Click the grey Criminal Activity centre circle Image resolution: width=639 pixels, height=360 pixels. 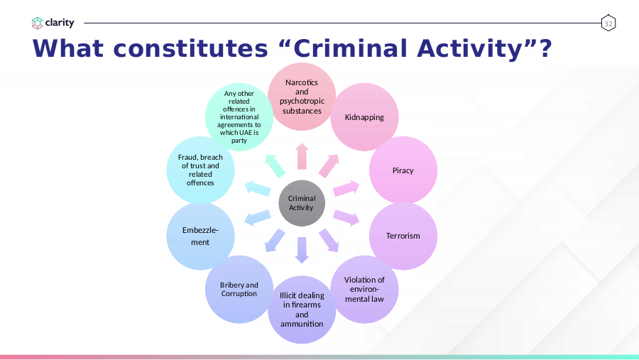302,203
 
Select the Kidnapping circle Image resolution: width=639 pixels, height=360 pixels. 364,117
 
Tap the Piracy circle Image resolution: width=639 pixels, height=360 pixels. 403,170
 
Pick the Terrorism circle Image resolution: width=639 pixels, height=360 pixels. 403,236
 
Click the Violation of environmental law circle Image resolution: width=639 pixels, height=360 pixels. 364,290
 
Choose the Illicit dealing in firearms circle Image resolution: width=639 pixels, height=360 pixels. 302,310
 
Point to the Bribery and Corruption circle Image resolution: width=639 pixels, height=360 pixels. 239,290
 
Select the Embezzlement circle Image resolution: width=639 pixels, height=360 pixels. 200,236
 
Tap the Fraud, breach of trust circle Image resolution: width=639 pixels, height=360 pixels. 200,170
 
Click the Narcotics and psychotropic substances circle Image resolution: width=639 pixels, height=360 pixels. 302,97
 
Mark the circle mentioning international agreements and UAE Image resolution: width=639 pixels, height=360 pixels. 239,117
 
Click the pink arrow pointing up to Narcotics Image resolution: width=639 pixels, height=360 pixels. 302,156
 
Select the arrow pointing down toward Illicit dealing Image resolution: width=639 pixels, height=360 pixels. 302,250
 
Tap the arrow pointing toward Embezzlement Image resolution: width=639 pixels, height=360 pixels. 257,218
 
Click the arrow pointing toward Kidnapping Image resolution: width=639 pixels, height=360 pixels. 329,165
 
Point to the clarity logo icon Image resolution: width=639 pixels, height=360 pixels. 37,23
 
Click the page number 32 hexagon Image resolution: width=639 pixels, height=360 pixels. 608,23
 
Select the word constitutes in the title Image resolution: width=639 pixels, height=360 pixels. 190,48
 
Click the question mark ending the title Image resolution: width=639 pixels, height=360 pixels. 545,48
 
